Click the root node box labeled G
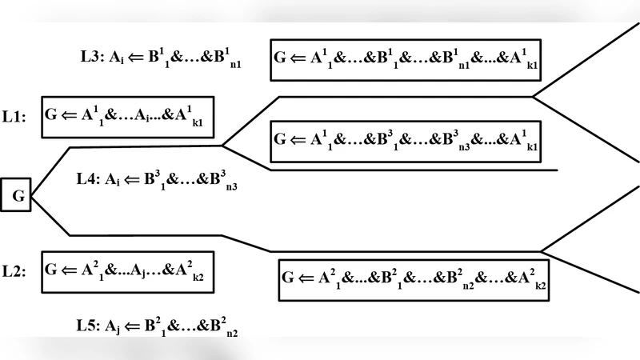click(16, 194)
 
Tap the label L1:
click(14, 117)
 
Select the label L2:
click(14, 271)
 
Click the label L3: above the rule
click(93, 57)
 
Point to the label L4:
click(90, 179)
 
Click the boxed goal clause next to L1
click(127, 117)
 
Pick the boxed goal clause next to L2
click(127, 270)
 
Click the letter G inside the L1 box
click(51, 114)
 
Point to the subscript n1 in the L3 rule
click(234, 65)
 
